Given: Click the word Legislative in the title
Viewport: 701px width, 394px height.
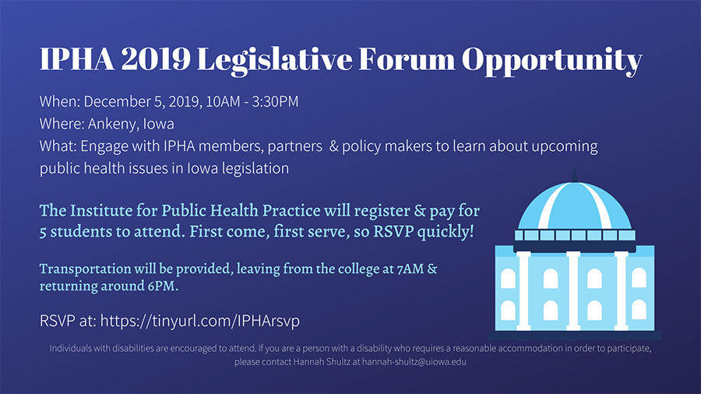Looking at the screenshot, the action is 274,59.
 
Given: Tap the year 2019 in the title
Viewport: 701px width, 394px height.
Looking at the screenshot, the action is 156,59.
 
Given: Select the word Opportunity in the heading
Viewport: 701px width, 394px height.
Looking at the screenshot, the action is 552,60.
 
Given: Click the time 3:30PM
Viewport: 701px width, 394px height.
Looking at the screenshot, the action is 275,101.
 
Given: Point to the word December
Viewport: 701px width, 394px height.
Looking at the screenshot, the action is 117,101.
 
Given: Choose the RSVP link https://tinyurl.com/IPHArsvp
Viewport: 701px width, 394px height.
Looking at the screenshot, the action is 200,321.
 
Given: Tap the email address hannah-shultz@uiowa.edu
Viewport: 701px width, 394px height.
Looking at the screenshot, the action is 414,362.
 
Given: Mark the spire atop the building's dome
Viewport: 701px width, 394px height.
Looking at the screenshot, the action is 575,175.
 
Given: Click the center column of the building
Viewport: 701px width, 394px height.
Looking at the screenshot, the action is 573,290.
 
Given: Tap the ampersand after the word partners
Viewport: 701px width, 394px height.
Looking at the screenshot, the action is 333,146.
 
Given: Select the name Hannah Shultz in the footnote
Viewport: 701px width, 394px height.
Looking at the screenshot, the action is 322,362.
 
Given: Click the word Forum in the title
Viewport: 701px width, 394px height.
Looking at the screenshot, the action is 407,59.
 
